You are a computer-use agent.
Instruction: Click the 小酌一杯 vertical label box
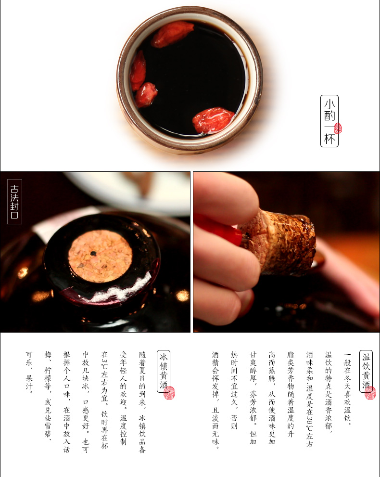329,121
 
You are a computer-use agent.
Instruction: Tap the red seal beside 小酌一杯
338,129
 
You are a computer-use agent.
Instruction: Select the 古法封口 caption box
14,202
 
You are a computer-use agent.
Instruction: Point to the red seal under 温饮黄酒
370,393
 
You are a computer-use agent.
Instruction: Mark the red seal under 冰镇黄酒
169,393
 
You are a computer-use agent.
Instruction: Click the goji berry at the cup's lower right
213,120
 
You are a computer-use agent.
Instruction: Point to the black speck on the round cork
93,253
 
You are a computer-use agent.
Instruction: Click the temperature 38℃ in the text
309,425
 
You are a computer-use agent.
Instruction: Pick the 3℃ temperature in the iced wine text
104,364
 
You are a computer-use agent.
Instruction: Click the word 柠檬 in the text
48,375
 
